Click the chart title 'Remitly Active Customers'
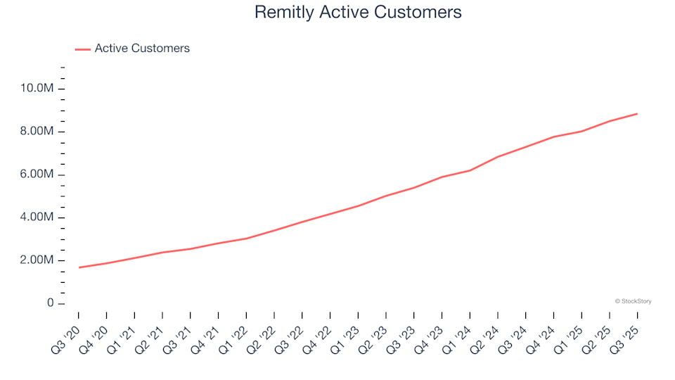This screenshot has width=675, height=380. tap(358, 12)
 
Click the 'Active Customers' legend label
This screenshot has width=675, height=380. tap(142, 49)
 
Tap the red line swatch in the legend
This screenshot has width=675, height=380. tap(82, 49)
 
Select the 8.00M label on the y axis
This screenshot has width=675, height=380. tap(38, 132)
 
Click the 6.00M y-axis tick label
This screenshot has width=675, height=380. tap(38, 175)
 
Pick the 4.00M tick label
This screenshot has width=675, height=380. tap(38, 217)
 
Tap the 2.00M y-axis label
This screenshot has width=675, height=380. tap(38, 260)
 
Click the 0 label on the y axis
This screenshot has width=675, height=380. tap(51, 303)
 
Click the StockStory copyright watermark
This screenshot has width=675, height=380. tap(633, 301)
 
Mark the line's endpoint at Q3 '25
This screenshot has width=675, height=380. tap(637, 113)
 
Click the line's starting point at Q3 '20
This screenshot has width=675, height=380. tap(79, 267)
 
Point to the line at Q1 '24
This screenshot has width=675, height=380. tap(470, 170)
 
